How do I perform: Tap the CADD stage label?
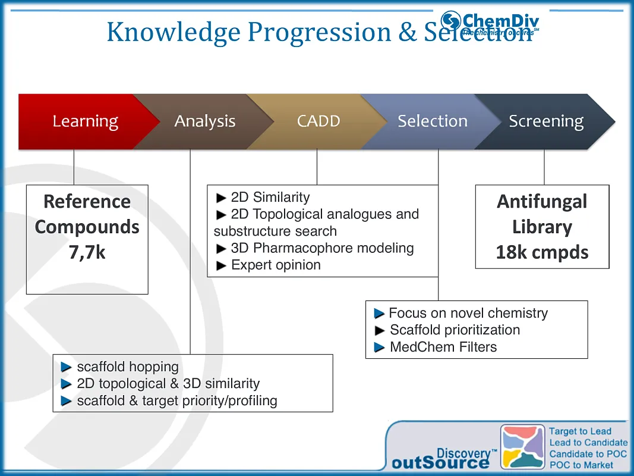click(318, 121)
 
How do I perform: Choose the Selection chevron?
click(433, 121)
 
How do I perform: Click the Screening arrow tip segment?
click(546, 121)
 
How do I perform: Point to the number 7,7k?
click(87, 252)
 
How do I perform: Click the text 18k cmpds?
click(542, 252)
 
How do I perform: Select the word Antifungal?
click(542, 202)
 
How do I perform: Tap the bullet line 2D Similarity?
click(270, 197)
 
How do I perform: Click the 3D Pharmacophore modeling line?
click(321, 248)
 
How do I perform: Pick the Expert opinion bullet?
click(276, 265)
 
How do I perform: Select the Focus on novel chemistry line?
click(468, 313)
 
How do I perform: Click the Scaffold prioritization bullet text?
click(455, 330)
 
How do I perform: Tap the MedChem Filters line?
click(443, 347)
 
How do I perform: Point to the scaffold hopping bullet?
click(127, 367)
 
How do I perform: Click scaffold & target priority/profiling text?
click(177, 400)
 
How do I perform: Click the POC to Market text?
click(581, 465)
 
